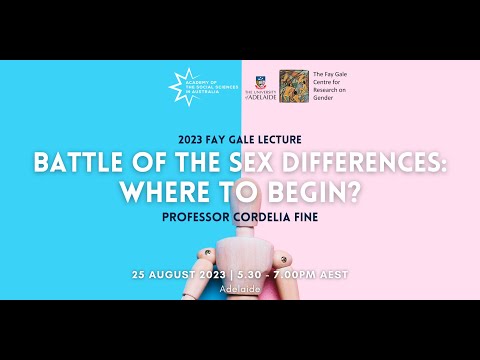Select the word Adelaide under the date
pyautogui.click(x=240, y=289)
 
